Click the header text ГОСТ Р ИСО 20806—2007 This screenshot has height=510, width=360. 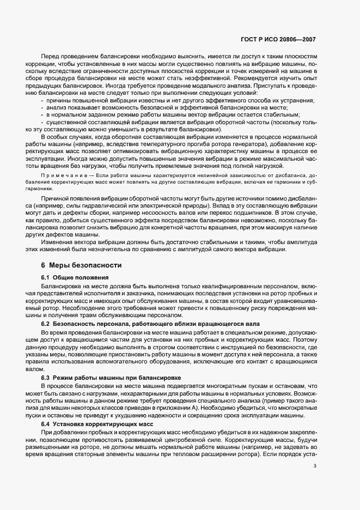(277, 40)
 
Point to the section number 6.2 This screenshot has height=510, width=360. (46, 324)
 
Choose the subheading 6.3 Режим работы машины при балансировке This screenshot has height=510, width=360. (104, 378)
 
